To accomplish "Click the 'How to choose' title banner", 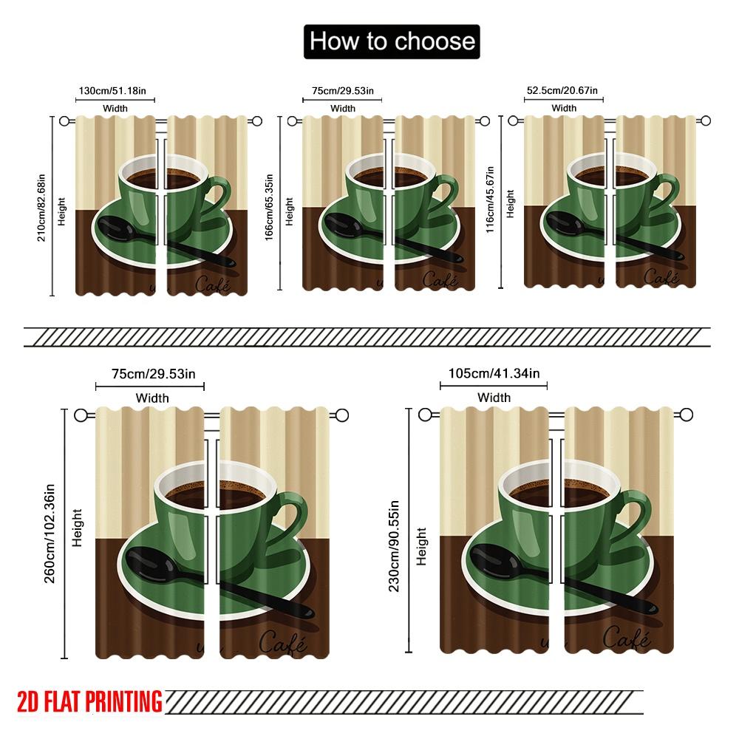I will pos(392,41).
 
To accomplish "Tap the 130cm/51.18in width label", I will pos(116,92).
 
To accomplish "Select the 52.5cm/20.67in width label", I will pos(562,91).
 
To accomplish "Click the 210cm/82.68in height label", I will pos(42,206).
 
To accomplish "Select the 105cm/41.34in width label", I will pos(494,374).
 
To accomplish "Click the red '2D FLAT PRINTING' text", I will pos(89,700).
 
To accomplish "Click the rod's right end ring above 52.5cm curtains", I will pos(705,120).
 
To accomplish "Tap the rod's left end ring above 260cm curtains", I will pos(82,415).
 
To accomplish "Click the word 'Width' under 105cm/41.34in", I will pos(494,398).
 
